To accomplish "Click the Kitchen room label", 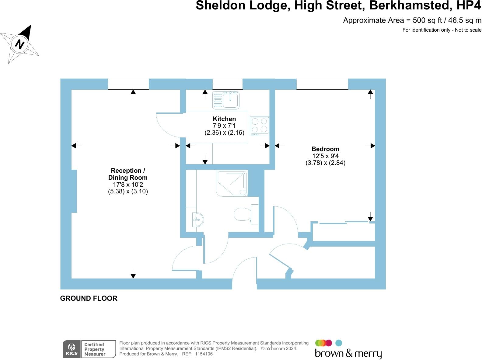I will (224, 119).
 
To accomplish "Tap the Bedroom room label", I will (325, 149).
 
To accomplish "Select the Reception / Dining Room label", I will (128, 174).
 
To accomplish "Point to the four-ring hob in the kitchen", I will (260, 126).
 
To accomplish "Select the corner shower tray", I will (232, 183).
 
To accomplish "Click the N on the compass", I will (20, 44).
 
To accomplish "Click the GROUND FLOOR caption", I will (89, 298).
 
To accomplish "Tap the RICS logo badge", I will (72, 349).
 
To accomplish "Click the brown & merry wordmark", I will (348, 354).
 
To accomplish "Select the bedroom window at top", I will (322, 84).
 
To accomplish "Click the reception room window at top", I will (128, 84).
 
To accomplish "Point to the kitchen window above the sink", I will (227, 84).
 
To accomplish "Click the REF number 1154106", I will (204, 354).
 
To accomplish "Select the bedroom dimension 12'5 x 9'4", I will (325, 156).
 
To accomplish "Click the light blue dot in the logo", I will (339, 343).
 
